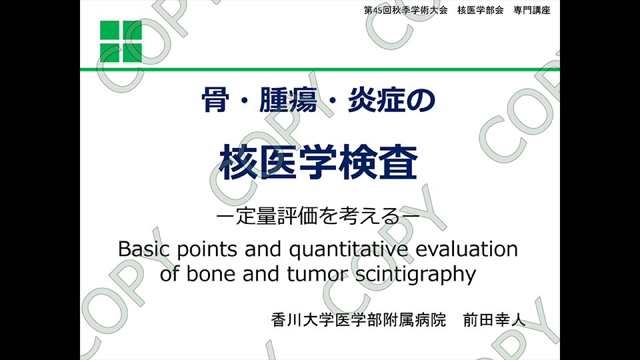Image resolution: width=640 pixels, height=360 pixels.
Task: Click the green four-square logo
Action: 121,41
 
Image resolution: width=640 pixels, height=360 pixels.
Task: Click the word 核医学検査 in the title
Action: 319,163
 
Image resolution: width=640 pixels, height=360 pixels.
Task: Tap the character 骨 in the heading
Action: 215,100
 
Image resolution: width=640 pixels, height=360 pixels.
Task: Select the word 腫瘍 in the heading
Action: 288,100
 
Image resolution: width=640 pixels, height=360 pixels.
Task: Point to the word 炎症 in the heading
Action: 376,100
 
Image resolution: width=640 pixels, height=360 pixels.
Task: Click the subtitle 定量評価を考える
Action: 317,216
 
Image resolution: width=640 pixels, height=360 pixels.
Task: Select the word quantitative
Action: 349,249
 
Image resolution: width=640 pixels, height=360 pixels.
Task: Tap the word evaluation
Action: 467,249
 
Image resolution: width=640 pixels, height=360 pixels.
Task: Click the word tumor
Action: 317,274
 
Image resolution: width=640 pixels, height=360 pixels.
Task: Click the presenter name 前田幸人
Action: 494,319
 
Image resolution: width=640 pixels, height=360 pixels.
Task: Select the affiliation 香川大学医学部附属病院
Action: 359,319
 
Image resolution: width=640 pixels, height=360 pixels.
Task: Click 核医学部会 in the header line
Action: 481,10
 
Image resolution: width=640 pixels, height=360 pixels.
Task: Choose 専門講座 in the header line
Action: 532,10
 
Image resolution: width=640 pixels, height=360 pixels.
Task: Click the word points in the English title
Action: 207,249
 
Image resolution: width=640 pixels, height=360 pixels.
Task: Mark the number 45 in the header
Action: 377,11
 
